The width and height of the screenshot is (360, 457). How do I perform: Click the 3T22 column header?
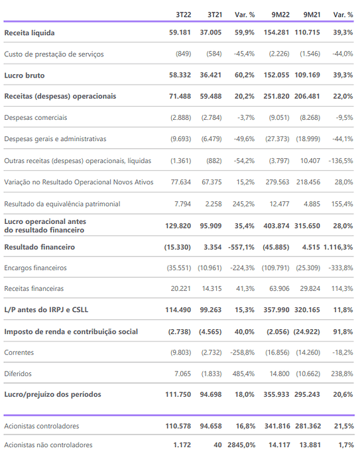183,15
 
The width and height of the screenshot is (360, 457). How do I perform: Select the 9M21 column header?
312,15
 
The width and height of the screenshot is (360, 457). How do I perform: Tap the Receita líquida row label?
29,32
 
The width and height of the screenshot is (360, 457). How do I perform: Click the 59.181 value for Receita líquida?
180,32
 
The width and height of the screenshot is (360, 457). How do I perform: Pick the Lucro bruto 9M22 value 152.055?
276,75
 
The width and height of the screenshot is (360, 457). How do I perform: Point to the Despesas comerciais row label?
36,117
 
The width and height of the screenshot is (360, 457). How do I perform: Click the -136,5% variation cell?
341,160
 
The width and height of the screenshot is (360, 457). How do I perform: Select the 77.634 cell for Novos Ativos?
180,182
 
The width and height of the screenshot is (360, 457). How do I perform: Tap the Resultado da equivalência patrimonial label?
62,204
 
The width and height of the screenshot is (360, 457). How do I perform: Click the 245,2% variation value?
243,204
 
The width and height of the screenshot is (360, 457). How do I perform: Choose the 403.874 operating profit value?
276,226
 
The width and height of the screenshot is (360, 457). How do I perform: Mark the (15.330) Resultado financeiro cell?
178,247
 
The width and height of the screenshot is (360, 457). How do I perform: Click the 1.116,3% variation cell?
338,247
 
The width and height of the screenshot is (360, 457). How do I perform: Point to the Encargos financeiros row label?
35,268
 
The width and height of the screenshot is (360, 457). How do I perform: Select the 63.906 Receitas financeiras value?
279,289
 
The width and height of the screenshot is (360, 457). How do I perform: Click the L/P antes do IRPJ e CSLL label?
46,309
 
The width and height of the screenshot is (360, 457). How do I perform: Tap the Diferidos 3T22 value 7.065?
182,374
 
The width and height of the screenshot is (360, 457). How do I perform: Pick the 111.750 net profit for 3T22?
178,394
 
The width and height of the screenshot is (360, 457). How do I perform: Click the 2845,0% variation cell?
241,445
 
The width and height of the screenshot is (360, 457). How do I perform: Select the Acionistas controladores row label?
41,426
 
